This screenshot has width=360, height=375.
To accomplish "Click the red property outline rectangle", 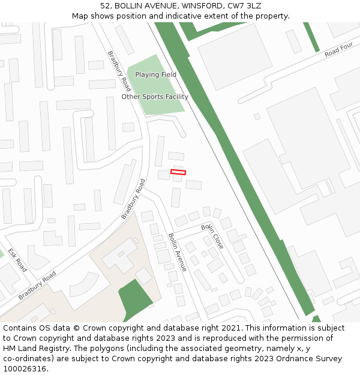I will [x=178, y=172].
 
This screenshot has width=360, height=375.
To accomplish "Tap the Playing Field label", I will [x=155, y=74].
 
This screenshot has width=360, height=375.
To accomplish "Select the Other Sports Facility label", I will [x=155, y=97].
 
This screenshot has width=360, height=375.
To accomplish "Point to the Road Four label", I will [x=339, y=50].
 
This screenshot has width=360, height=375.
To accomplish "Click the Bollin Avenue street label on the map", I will [x=178, y=252].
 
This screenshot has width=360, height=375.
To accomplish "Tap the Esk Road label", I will [x=18, y=260].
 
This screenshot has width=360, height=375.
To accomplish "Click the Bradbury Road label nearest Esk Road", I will [x=37, y=286].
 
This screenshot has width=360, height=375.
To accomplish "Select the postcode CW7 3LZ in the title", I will [x=244, y=6].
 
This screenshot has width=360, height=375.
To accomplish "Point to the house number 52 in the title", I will [x=105, y=6].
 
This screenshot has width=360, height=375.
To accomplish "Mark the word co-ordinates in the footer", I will [x=26, y=359].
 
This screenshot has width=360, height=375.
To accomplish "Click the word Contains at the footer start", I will [x=20, y=328].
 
